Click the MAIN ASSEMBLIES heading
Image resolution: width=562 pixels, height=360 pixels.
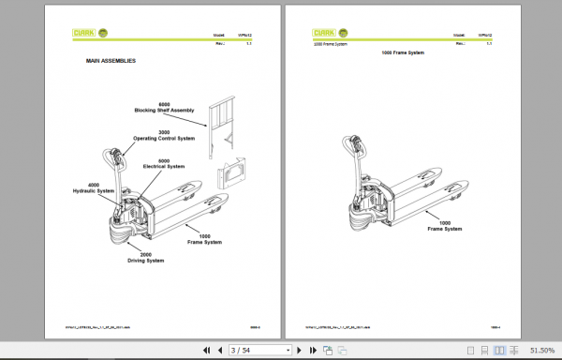pyautogui.click(x=111, y=61)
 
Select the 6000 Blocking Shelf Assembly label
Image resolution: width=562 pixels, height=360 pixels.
pyautogui.click(x=164, y=106)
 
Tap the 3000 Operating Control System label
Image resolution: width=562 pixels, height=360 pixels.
pyautogui.click(x=162, y=135)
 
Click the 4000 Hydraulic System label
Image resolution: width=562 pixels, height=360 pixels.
pyautogui.click(x=94, y=188)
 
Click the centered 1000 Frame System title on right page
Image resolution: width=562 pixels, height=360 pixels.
pyautogui.click(x=403, y=53)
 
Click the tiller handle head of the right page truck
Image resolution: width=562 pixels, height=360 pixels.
pyautogui.click(x=356, y=142)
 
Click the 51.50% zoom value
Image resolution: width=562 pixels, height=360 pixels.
pyautogui.click(x=542, y=350)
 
